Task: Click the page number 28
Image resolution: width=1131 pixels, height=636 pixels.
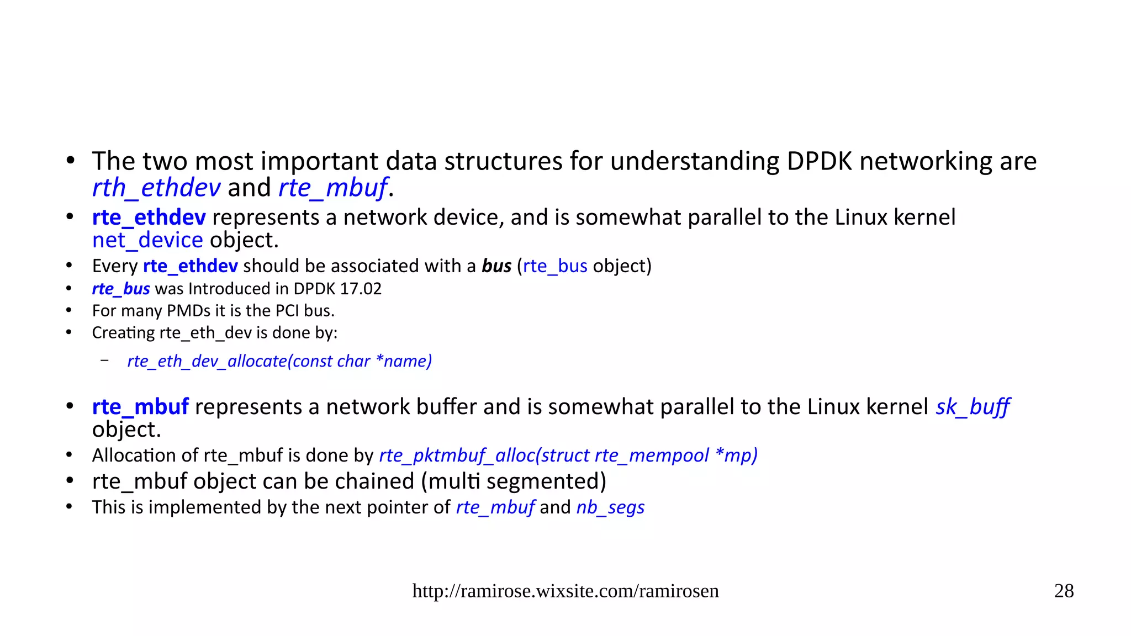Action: coord(1064,591)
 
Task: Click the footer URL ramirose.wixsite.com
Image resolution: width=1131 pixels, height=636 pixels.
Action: coord(565,591)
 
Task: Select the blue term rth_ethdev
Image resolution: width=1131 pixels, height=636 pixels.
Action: coord(156,188)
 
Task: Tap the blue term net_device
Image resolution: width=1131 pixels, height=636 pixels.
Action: coord(147,240)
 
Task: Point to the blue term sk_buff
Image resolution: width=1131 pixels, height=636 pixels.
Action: coord(973,407)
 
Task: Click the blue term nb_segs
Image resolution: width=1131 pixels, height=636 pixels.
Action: coord(610,507)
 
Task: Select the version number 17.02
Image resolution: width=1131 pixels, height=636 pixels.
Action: coord(361,289)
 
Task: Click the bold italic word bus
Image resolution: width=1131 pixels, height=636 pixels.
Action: coord(496,266)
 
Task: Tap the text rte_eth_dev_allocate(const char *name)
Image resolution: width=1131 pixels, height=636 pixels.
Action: coord(279,361)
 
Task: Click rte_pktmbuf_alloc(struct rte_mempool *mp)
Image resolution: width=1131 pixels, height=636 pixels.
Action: coord(568,455)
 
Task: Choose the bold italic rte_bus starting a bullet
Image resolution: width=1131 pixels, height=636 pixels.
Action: coord(121,289)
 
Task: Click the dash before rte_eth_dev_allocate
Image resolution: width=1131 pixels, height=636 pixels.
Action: coord(104,361)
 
